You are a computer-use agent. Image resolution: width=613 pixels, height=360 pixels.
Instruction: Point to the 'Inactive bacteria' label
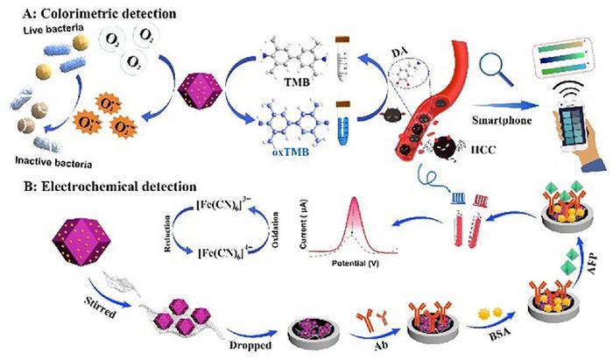tap(53, 159)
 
